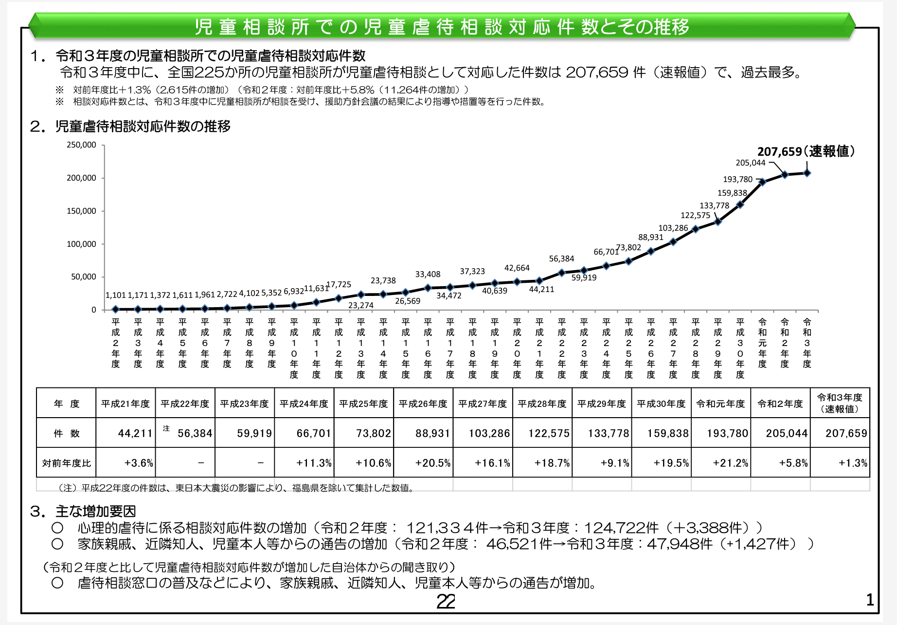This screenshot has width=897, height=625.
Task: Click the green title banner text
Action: point(442,27)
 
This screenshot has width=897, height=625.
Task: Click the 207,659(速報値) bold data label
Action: point(806,151)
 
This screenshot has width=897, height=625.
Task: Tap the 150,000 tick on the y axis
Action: point(81,211)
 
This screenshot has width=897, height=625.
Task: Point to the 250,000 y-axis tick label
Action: point(81,145)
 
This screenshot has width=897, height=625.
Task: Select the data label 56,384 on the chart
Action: point(561,258)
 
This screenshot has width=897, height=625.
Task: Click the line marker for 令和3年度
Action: point(807,173)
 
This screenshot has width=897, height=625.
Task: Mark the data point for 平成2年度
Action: point(115,309)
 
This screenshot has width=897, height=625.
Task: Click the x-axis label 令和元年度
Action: point(762,343)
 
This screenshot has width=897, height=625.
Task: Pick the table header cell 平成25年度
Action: point(363,404)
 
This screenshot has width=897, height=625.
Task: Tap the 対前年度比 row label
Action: point(66,463)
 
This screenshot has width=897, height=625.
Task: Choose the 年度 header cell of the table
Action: point(66,404)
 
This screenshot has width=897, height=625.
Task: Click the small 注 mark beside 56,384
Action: point(166,428)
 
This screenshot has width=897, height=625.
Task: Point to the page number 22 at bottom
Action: point(446,602)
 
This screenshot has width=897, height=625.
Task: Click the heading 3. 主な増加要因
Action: point(83,511)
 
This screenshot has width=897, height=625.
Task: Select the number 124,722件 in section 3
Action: point(621,528)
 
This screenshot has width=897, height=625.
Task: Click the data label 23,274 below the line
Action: point(361,305)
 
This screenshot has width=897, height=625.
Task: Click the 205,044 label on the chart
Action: point(750,163)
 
